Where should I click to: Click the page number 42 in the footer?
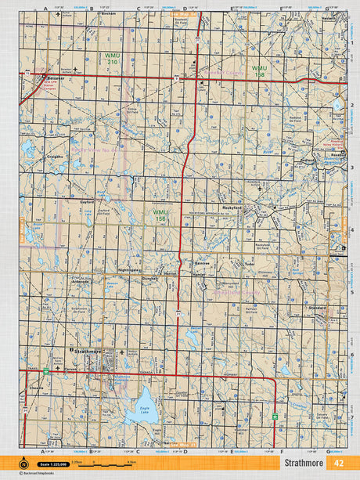coord(337,463)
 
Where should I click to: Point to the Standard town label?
coord(317,309)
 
